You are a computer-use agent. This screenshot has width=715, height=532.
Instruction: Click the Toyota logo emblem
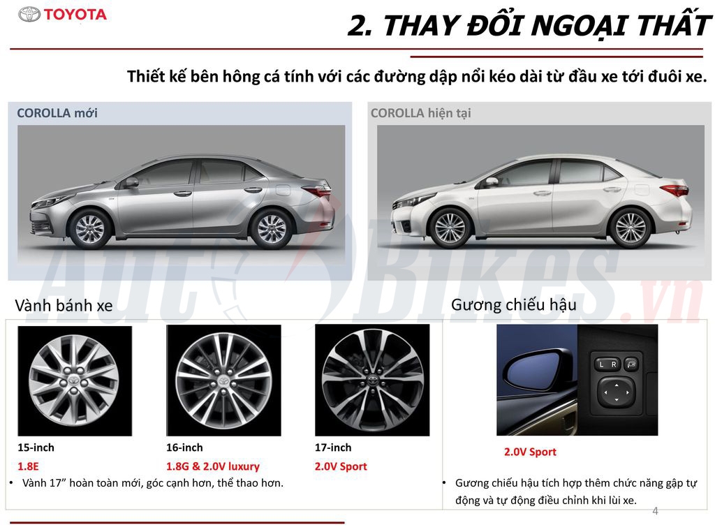click(x=29, y=14)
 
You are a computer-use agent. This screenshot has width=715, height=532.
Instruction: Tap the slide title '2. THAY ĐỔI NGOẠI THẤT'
click(x=529, y=27)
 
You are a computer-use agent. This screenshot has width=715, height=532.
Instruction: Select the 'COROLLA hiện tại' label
click(x=420, y=113)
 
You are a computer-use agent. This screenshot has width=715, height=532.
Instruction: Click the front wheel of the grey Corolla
click(x=90, y=228)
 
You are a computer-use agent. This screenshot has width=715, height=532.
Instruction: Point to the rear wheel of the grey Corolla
click(x=272, y=228)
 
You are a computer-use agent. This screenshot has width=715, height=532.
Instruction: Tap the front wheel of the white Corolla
click(x=449, y=228)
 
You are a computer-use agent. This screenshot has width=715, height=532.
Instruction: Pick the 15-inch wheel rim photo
click(x=74, y=380)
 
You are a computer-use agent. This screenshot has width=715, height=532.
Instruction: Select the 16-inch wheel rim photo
click(x=223, y=380)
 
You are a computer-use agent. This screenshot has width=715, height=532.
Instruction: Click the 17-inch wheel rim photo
click(x=372, y=380)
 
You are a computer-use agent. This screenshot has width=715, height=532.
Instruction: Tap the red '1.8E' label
click(x=29, y=466)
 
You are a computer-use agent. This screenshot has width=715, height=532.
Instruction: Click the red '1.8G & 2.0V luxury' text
click(x=212, y=466)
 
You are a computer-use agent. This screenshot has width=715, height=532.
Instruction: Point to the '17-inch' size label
click(x=333, y=448)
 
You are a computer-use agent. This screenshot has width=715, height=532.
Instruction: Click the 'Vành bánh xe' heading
click(x=64, y=306)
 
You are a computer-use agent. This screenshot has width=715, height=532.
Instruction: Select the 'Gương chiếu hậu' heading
click(x=513, y=304)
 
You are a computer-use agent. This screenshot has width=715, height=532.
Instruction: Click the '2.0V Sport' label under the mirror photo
click(x=530, y=452)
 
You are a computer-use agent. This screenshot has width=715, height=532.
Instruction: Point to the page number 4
click(x=655, y=511)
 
